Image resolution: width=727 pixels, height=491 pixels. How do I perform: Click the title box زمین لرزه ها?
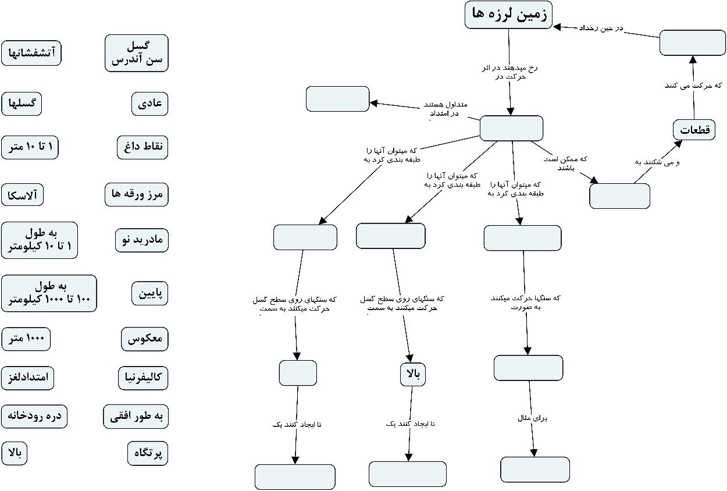(x=508, y=15)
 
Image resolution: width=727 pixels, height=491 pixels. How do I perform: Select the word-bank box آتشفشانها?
(x=31, y=53)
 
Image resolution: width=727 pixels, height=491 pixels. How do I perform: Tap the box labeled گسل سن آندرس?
(x=137, y=53)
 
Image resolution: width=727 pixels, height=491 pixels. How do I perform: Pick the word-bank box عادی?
(x=149, y=104)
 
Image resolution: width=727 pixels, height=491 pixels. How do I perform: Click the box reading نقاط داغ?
(x=142, y=147)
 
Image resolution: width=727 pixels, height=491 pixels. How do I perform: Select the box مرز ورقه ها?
(x=137, y=194)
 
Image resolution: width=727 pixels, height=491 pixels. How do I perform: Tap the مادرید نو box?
(x=142, y=240)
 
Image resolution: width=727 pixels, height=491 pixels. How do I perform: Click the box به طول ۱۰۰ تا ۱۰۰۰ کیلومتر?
(x=49, y=293)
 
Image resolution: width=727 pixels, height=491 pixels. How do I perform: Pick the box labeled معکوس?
(x=145, y=339)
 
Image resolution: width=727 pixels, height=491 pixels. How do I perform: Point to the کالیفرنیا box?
(x=143, y=378)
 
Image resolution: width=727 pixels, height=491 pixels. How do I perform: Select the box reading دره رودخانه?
(x=34, y=416)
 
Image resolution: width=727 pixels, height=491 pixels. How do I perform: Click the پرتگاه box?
(x=148, y=453)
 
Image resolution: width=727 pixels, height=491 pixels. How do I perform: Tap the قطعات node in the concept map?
(x=694, y=130)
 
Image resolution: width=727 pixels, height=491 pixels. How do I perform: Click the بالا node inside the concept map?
(x=412, y=374)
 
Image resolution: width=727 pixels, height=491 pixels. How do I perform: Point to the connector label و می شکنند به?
(x=657, y=163)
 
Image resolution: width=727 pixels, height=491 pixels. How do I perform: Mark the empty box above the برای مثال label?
(x=528, y=367)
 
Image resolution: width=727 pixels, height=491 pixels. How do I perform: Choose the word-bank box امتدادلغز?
(x=28, y=378)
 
